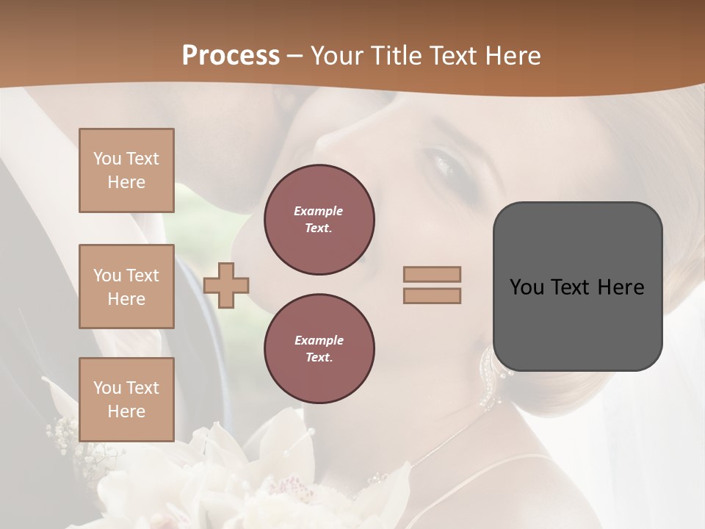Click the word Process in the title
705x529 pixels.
pos(231,55)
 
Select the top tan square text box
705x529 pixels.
pos(126,170)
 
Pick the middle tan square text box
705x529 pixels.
pos(126,287)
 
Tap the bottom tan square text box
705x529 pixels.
pos(126,399)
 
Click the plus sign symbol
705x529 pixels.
pos(226,285)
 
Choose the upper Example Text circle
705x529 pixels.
pos(319,220)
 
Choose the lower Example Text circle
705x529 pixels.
pos(319,349)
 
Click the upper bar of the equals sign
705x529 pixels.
pos(433,274)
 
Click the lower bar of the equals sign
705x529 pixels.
pos(433,295)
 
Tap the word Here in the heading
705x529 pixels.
pos(513,55)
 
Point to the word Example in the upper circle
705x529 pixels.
pos(318,211)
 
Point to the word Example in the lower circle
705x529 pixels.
pos(319,340)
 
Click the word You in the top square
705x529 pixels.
pos(107,159)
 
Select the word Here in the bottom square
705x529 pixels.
pos(126,411)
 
